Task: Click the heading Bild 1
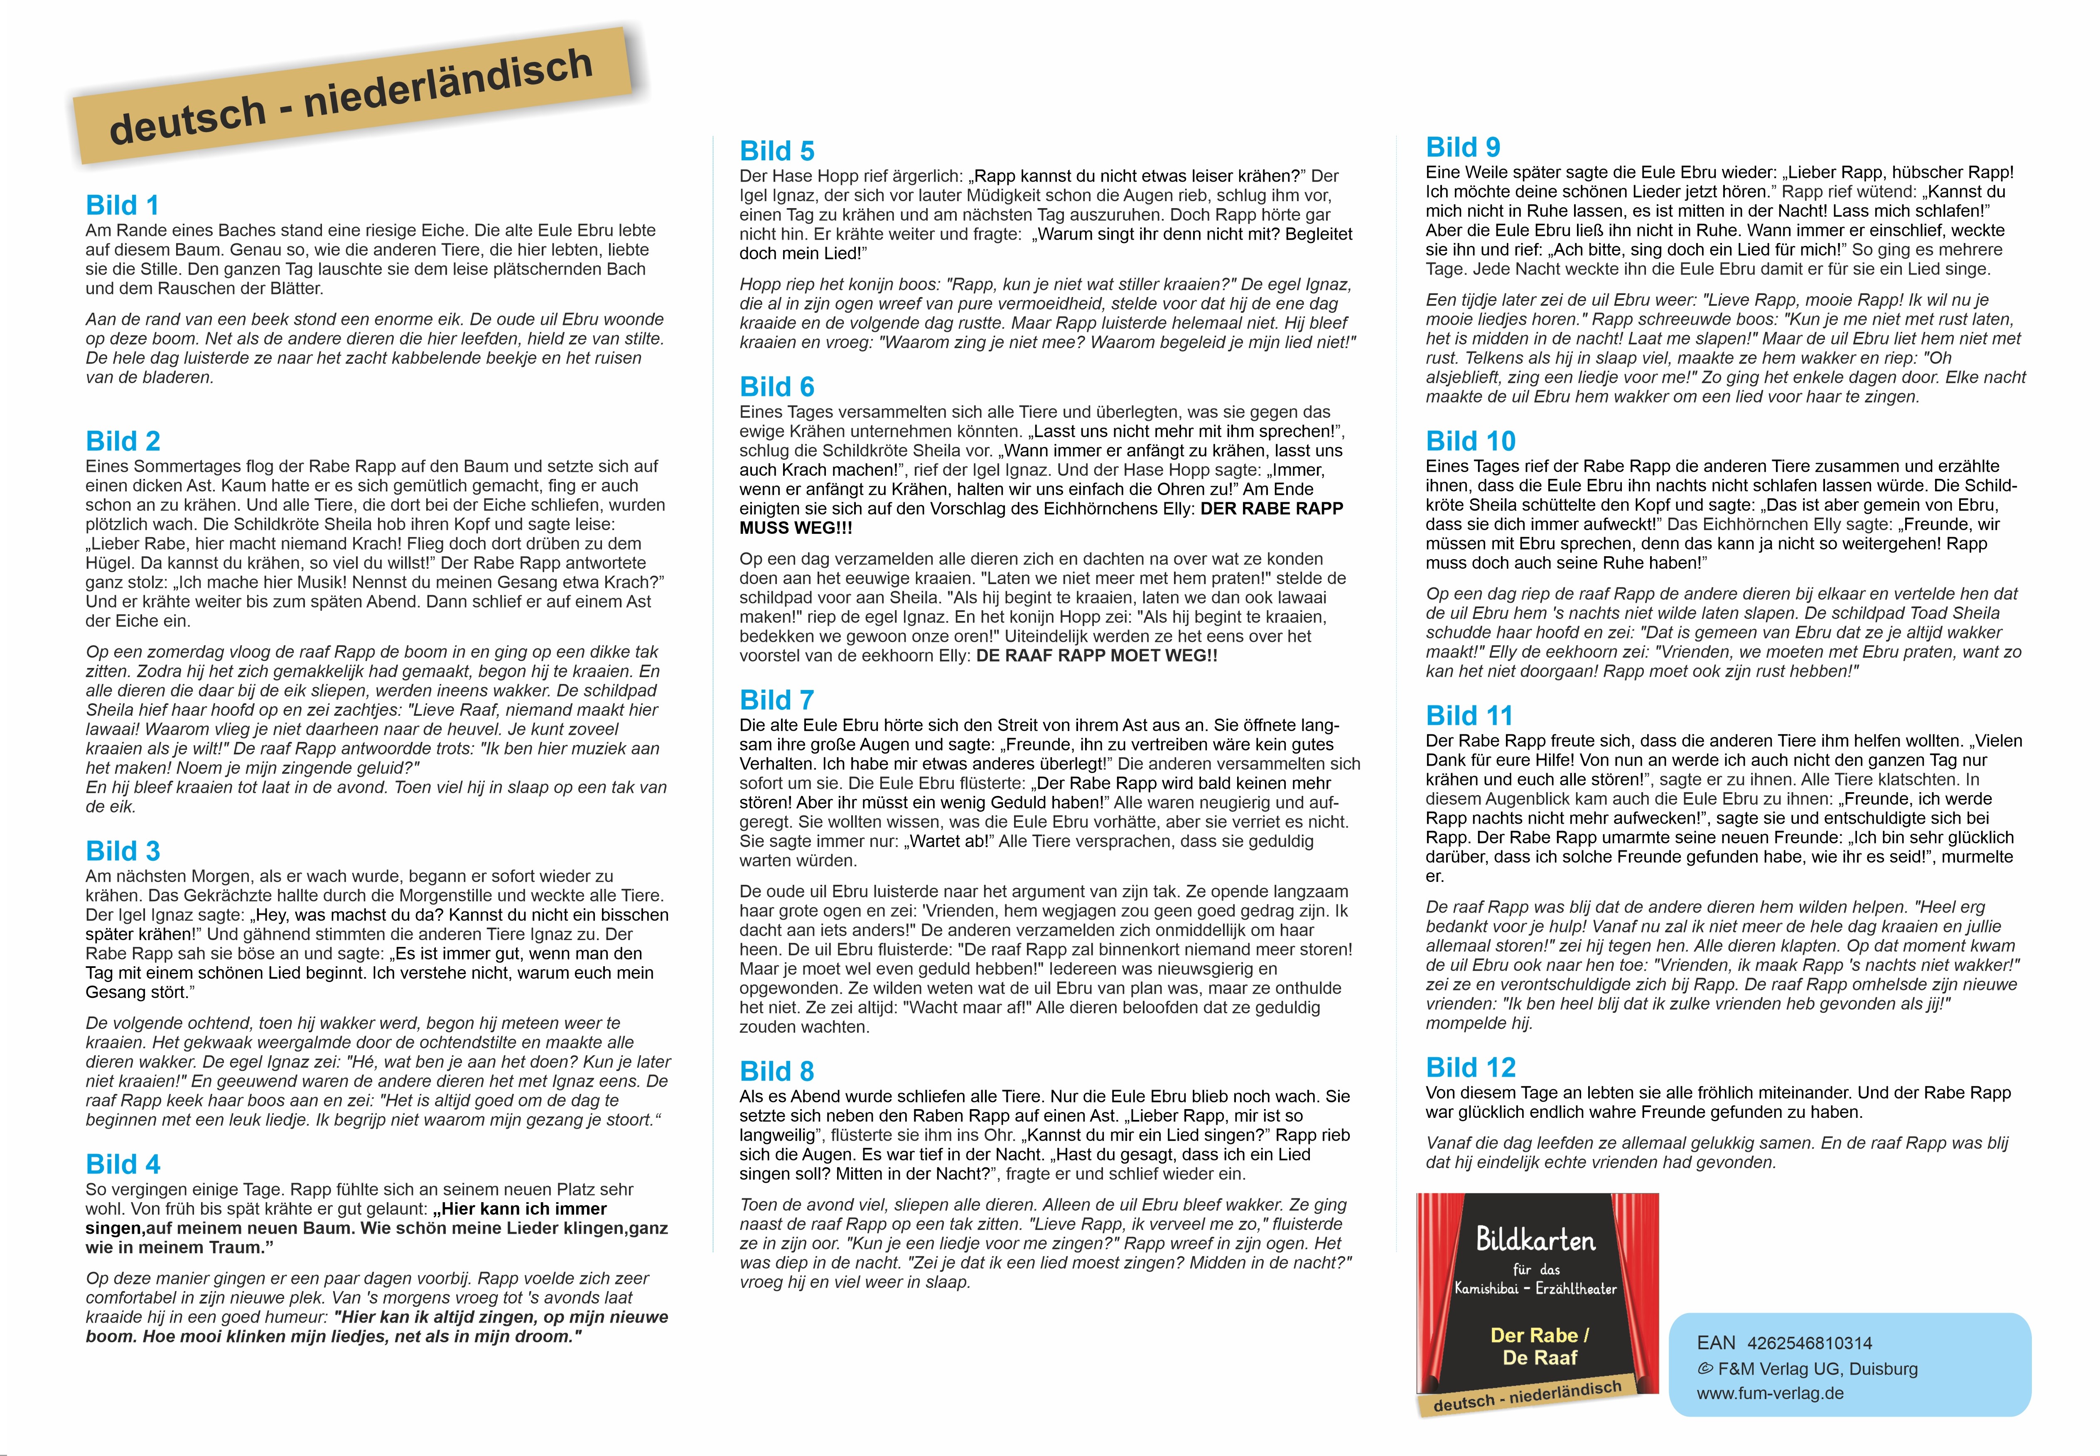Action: (x=122, y=205)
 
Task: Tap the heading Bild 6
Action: (x=776, y=387)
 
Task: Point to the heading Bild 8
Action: (x=776, y=1071)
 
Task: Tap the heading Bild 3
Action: (x=122, y=851)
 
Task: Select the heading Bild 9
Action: (x=1462, y=148)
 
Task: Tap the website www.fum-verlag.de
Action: (x=1770, y=1393)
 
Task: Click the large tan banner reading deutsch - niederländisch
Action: (x=351, y=96)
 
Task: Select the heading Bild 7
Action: (x=776, y=700)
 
